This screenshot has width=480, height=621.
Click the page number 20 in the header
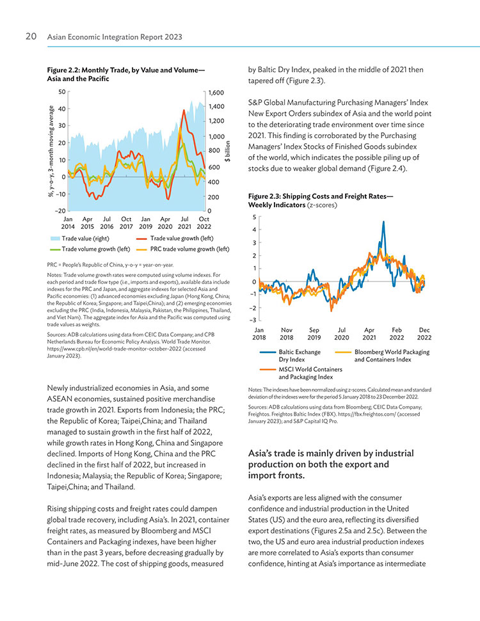(x=31, y=36)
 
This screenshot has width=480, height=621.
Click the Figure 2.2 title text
(x=125, y=74)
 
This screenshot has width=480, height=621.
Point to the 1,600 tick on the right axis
(x=216, y=93)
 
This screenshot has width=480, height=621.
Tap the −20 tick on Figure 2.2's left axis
(x=60, y=210)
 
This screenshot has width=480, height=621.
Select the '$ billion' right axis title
(x=227, y=152)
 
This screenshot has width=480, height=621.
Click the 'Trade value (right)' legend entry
(x=79, y=239)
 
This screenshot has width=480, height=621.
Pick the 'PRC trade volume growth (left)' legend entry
(x=183, y=249)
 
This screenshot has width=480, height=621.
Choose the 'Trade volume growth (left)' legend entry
(x=90, y=249)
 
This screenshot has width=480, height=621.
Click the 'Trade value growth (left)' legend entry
(x=175, y=239)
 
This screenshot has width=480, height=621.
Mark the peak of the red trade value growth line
(x=184, y=110)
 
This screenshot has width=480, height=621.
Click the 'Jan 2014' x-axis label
(x=68, y=223)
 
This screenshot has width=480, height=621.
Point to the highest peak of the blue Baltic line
(x=383, y=222)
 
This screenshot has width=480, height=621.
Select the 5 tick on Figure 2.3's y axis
(x=255, y=217)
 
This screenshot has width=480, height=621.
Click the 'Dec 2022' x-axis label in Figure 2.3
(x=424, y=333)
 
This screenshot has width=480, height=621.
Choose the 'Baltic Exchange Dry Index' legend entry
(x=290, y=356)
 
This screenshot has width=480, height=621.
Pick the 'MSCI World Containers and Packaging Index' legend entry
(x=301, y=373)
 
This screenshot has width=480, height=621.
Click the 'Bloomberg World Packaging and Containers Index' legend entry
(x=382, y=356)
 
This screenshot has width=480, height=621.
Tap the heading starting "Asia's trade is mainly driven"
(x=331, y=464)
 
